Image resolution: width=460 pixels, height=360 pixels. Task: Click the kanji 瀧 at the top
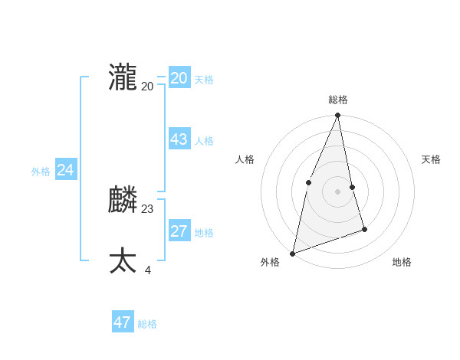pos(123,78)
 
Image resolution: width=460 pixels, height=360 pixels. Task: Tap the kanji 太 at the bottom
pos(123,260)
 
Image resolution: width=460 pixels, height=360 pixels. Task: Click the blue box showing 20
pos(179,78)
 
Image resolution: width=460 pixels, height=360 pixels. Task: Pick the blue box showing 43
pos(179,139)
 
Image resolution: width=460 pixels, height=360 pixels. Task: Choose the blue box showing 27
pos(179,231)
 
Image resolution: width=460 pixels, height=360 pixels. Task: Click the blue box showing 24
pos(66,170)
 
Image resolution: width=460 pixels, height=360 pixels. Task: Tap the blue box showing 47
pos(123,322)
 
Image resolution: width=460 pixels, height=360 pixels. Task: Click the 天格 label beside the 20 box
pos(204,80)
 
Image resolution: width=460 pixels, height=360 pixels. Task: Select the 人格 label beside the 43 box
pos(204,141)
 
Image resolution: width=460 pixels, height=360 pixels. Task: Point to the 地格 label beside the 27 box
pos(204,233)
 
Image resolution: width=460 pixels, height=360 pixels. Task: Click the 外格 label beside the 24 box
pos(41,172)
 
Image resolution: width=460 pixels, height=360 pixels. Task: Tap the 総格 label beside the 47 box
pos(147,324)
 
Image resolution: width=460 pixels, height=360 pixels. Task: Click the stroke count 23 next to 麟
pos(148,208)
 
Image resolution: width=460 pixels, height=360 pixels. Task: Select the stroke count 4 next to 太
pos(147,270)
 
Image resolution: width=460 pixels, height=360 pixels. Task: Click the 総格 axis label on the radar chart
pos(338,100)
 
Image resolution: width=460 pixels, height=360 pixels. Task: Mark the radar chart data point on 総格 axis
pos(338,116)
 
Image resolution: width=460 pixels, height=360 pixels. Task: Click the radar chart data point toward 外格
pos(292,254)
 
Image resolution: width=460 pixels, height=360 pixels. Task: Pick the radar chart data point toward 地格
pos(364,229)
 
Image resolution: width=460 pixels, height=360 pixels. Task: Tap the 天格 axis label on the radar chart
pos(432,159)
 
